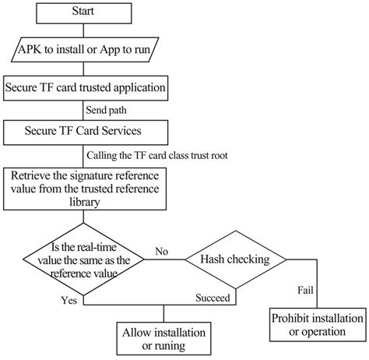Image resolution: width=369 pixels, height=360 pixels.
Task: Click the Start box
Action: coord(84,13)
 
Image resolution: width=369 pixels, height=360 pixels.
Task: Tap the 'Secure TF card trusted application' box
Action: coord(85,86)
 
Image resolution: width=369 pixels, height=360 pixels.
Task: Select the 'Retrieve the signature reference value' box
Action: coord(85,188)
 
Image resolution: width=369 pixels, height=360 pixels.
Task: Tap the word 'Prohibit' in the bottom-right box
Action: coord(293,318)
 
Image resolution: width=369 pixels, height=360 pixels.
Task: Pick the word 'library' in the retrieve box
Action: coord(85,201)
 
